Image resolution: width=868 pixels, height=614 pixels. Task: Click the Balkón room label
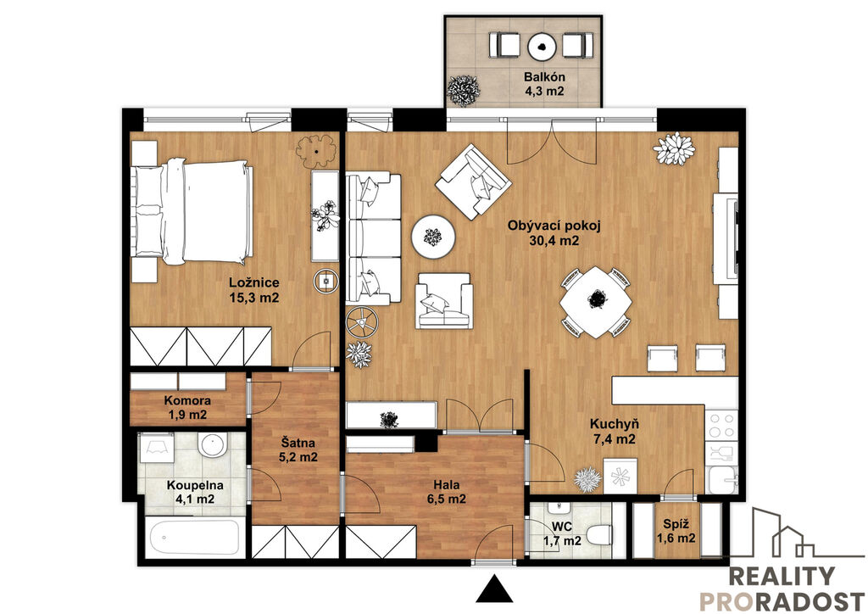click(x=544, y=77)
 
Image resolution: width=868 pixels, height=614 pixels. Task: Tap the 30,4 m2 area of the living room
click(x=554, y=241)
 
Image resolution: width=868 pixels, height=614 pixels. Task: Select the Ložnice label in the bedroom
click(x=254, y=283)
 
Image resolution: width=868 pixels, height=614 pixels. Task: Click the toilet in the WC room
click(x=598, y=535)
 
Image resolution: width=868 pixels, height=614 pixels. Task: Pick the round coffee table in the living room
click(x=433, y=237)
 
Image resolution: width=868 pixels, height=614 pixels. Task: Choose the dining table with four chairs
click(x=596, y=302)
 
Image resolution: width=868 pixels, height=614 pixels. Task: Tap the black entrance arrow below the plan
click(x=494, y=589)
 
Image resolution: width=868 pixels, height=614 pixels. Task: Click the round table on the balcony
click(x=542, y=47)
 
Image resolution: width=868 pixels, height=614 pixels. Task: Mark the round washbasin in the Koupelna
click(x=213, y=445)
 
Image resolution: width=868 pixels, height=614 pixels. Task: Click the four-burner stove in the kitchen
click(x=721, y=425)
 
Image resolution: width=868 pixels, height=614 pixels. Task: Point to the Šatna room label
click(x=298, y=443)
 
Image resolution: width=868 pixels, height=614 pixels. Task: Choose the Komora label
click(x=187, y=400)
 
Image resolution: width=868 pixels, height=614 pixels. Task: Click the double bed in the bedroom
click(x=192, y=211)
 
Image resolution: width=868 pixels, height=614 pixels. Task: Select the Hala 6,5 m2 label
click(x=447, y=492)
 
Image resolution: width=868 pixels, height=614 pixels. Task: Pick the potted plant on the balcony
click(x=464, y=90)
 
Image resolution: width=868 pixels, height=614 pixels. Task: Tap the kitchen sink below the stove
click(x=722, y=480)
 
